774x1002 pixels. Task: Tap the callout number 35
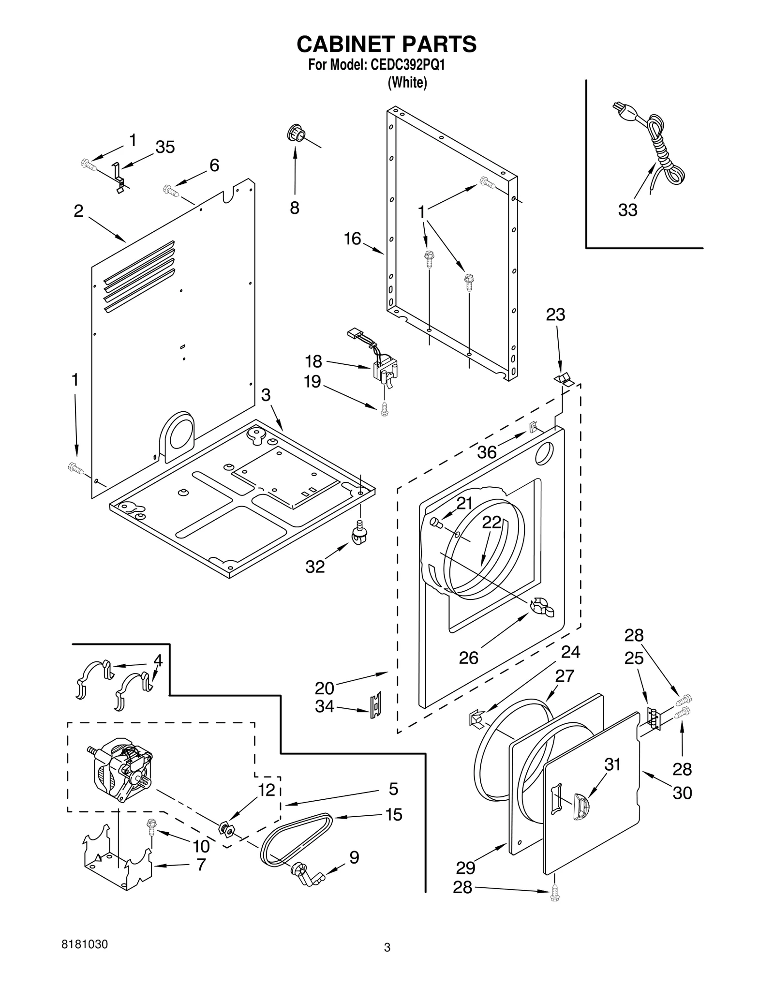[x=165, y=147]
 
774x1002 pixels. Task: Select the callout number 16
[x=353, y=239]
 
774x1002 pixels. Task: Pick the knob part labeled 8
[x=296, y=133]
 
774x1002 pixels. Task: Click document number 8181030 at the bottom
[x=85, y=944]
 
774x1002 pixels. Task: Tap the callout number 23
[x=555, y=315]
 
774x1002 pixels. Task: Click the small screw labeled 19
[x=385, y=409]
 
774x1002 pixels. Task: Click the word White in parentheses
[x=407, y=83]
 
